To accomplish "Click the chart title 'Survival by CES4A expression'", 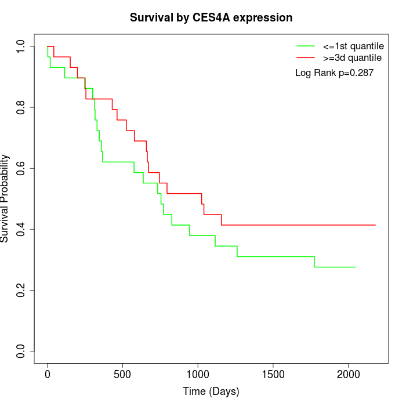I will pyautogui.click(x=211, y=18).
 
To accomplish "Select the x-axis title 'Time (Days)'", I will pyautogui.click(x=211, y=391).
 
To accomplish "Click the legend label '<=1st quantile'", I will pyautogui.click(x=353, y=45).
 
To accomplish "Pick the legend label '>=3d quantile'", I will pyautogui.click(x=353, y=58).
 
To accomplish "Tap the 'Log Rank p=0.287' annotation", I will pyautogui.click(x=334, y=73).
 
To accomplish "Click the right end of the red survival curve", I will pyautogui.click(x=375, y=225).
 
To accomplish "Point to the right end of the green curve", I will pyautogui.click(x=355, y=267).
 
